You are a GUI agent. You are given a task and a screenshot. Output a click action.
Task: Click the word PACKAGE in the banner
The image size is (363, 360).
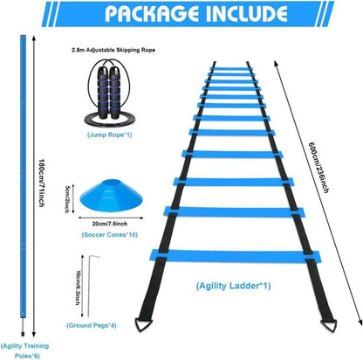pyautogui.click(x=151, y=13)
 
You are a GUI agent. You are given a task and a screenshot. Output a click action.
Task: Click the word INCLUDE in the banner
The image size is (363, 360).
pyautogui.click(x=247, y=13)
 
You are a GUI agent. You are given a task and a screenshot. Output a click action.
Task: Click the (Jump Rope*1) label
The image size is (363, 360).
pyautogui.click(x=110, y=135)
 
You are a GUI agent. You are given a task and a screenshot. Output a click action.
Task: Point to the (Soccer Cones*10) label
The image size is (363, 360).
pyautogui.click(x=110, y=235)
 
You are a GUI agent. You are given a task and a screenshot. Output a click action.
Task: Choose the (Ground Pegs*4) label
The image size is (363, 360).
pyautogui.click(x=92, y=325)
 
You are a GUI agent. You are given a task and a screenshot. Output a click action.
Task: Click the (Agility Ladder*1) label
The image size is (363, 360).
pyautogui.click(x=233, y=286)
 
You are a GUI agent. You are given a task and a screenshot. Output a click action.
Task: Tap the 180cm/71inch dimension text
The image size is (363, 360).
pyautogui.click(x=42, y=183)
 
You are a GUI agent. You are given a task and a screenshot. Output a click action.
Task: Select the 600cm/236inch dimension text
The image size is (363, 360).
pyautogui.click(x=318, y=168)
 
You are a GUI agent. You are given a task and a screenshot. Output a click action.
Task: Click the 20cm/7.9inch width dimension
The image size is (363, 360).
pyautogui.click(x=110, y=224)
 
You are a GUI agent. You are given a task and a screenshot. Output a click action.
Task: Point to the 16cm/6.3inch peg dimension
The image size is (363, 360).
pyautogui.click(x=78, y=287)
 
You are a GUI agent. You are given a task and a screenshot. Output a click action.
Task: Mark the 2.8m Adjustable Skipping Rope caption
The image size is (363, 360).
pyautogui.click(x=113, y=50)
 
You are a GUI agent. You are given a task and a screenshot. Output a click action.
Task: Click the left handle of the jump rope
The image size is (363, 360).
pyautogui.click(x=103, y=93)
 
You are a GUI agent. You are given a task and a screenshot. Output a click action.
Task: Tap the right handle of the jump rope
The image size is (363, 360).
pyautogui.click(x=114, y=93)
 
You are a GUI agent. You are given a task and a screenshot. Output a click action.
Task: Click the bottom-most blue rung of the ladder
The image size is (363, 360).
pyautogui.click(x=235, y=256)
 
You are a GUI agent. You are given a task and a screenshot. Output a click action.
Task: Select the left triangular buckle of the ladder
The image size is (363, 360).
pyautogui.click(x=144, y=324)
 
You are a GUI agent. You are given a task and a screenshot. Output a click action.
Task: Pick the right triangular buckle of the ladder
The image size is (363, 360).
pyautogui.click(x=328, y=325)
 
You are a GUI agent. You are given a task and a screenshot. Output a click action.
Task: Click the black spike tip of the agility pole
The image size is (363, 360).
pyautogui.click(x=23, y=334)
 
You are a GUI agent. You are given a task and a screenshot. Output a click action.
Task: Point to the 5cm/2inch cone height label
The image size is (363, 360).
pyautogui.click(x=66, y=199)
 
